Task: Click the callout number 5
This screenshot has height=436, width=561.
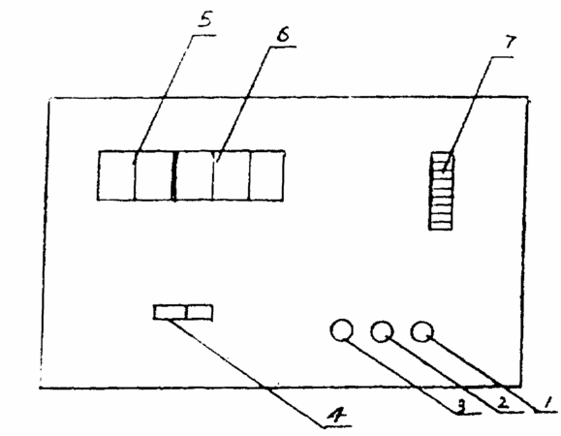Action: click(x=205, y=20)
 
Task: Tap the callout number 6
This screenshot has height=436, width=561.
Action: click(x=283, y=35)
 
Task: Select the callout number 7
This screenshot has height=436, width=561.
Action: click(x=511, y=43)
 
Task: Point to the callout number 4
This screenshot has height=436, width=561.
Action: click(x=337, y=416)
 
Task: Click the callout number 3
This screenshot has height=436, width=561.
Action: click(x=461, y=406)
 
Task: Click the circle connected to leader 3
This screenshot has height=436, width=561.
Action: click(x=342, y=329)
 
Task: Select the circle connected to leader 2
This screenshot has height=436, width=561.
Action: click(x=382, y=331)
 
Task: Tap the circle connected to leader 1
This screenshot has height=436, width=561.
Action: click(x=422, y=331)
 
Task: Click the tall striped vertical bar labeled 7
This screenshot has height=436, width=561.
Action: click(x=441, y=191)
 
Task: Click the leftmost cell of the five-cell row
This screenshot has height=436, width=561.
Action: click(x=116, y=175)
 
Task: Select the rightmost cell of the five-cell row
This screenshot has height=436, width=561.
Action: click(x=266, y=175)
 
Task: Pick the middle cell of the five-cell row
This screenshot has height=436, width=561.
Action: click(x=194, y=175)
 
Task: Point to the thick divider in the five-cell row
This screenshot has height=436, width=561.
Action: click(x=174, y=176)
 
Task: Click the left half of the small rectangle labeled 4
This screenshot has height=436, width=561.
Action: click(x=170, y=312)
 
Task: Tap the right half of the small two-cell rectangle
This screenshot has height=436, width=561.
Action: click(x=200, y=312)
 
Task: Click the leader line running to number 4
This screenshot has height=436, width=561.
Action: click(x=246, y=372)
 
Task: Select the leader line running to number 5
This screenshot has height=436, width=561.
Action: click(x=163, y=100)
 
